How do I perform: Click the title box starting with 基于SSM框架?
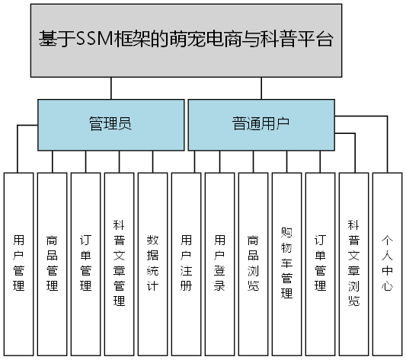186,40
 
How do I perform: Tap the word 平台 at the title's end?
314,40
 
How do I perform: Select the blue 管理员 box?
110,124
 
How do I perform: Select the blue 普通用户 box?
261,124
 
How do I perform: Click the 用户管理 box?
19,263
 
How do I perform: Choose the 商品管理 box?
53,263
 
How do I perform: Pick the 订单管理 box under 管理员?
86,263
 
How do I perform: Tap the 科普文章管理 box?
120,263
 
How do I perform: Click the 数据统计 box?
153,263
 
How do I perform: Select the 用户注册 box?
187,263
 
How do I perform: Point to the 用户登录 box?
220,263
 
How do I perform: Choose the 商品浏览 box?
254,263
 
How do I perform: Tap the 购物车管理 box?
287,263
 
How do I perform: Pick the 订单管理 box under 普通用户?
321,263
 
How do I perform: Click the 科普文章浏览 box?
354,263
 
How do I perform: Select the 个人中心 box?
388,263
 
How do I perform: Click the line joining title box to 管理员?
110,88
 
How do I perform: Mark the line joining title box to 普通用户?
261,88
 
